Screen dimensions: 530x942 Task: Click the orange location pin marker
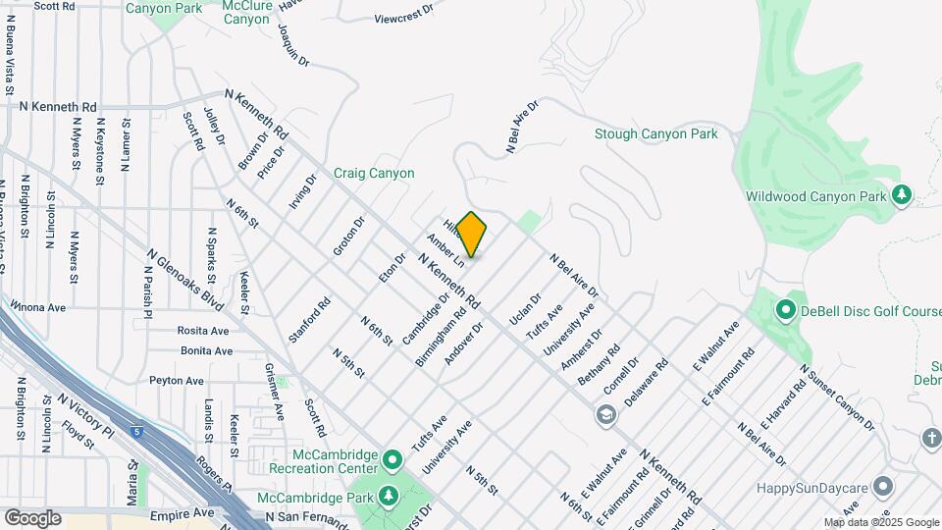(472, 235)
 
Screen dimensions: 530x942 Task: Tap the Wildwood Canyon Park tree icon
(902, 195)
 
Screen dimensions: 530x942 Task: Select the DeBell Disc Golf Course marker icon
(785, 311)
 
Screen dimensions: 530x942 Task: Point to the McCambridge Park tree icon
(390, 497)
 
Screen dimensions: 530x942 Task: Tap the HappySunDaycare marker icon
(883, 487)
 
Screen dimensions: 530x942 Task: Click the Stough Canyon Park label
(655, 134)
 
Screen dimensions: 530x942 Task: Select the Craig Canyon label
(374, 174)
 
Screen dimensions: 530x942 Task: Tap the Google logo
(32, 517)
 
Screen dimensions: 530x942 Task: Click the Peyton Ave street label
(177, 381)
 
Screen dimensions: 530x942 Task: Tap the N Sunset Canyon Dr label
(836, 397)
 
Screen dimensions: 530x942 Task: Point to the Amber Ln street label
(445, 250)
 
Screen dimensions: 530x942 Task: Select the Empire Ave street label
(182, 513)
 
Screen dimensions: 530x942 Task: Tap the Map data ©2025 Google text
(881, 522)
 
